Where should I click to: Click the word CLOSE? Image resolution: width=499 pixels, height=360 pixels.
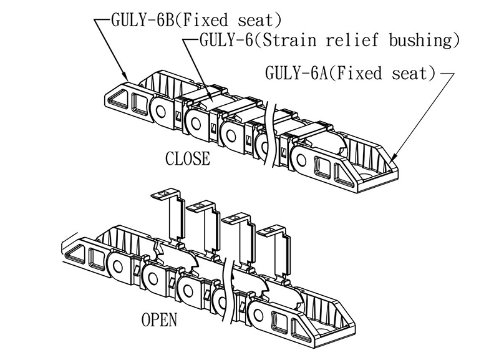tap(187, 158)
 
